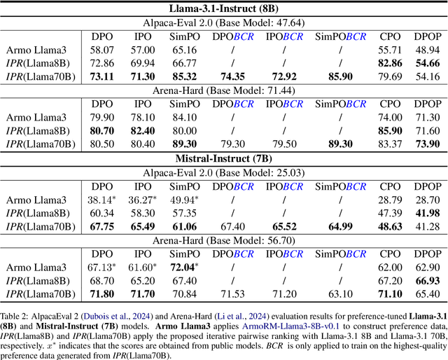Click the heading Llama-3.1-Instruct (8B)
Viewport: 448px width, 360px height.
tap(224, 8)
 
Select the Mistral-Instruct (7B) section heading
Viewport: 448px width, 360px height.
tap(224, 158)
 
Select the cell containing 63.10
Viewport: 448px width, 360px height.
tap(341, 292)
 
